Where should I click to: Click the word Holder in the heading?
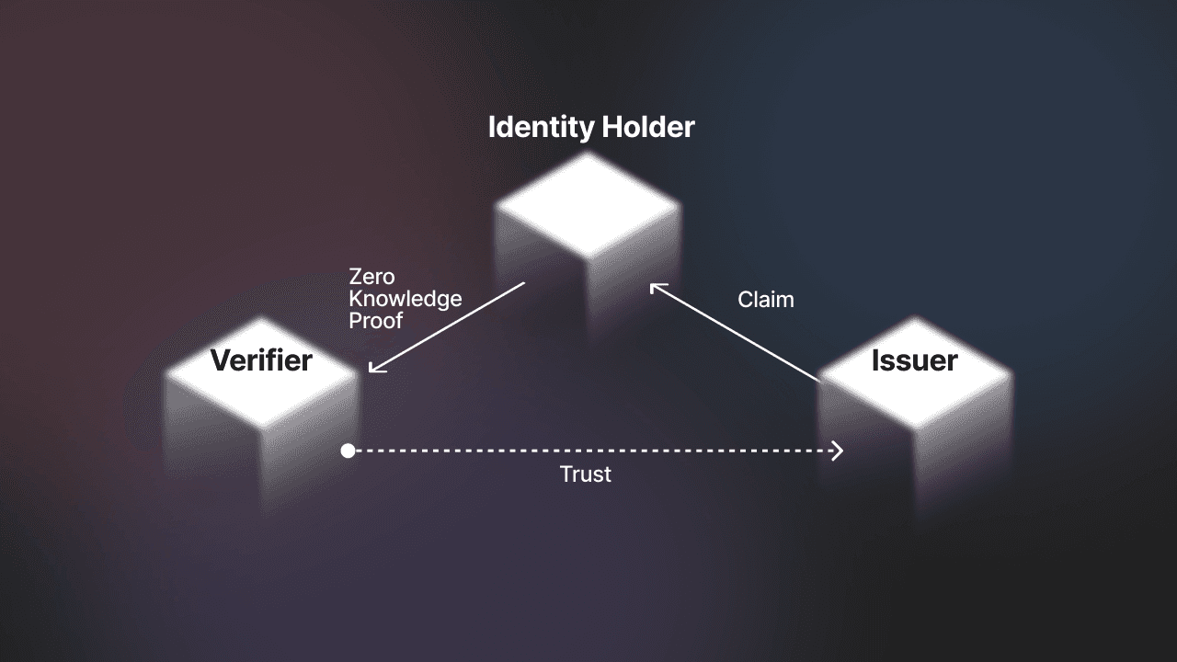click(x=647, y=127)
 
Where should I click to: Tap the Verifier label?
click(x=261, y=360)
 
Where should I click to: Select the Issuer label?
click(x=914, y=360)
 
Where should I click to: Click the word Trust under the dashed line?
click(x=586, y=474)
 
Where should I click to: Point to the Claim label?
click(x=765, y=300)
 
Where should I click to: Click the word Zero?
click(x=371, y=277)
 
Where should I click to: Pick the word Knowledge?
click(x=405, y=299)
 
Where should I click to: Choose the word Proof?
click(x=375, y=321)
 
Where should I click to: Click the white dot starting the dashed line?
click(x=348, y=451)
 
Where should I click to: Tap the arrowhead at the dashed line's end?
click(x=837, y=451)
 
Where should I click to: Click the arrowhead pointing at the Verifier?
click(x=373, y=368)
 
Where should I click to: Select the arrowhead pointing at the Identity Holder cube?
click(x=655, y=288)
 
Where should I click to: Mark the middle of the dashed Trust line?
click(x=593, y=451)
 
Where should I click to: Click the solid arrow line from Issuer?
click(x=736, y=333)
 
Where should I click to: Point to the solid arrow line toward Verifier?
click(x=449, y=326)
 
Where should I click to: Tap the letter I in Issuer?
click(x=876, y=360)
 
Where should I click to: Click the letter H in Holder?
click(x=611, y=127)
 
